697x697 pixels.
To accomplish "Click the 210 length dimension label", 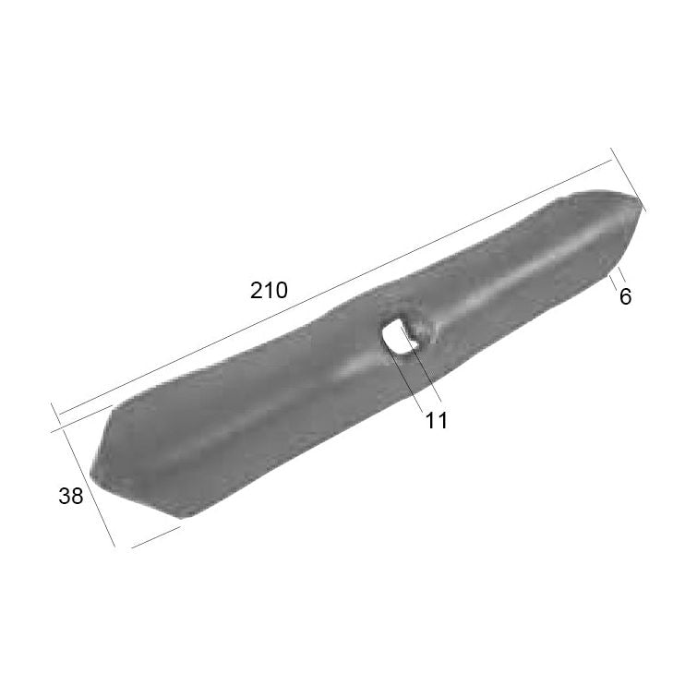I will point(270,290).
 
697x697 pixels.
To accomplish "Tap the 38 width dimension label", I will point(71,496).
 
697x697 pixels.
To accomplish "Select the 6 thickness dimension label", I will point(625,297).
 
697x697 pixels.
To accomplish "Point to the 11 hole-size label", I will point(436,420).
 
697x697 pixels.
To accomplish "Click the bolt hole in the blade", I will point(400,334).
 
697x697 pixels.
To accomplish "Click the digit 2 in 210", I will point(257,290).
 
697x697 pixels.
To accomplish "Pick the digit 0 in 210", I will point(282,290).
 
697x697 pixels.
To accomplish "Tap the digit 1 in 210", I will point(269,290).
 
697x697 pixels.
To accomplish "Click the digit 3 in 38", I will point(65,496).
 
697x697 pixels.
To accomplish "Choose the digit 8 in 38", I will point(78,496).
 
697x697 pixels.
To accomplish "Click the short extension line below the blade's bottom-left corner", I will point(155,537).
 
